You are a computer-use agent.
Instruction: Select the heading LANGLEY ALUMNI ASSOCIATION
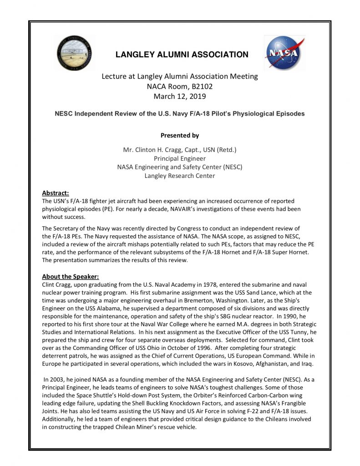[182, 55]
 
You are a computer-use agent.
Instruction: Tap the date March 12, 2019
[180, 96]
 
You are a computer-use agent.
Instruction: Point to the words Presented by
[180, 135]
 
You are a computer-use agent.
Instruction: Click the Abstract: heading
[55, 192]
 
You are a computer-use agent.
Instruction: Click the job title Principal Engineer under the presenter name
[180, 158]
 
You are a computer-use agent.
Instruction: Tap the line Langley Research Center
[180, 176]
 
